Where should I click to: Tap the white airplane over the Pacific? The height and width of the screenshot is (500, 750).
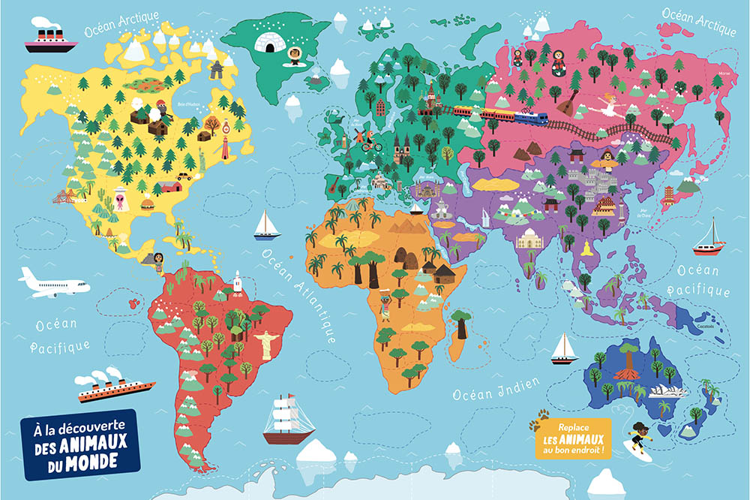tap(52, 283)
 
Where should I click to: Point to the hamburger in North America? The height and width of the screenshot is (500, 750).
tap(147, 203)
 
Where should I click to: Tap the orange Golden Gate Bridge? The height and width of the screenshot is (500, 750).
tap(64, 197)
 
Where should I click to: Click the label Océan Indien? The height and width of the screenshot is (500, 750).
tap(496, 389)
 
